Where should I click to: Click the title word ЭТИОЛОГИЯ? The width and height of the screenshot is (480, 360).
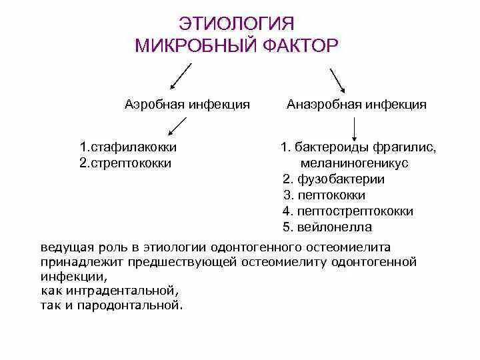pyautogui.click(x=237, y=23)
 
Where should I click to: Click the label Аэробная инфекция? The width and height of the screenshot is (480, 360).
pyautogui.click(x=187, y=105)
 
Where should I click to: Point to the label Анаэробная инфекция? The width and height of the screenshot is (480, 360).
pyautogui.click(x=357, y=105)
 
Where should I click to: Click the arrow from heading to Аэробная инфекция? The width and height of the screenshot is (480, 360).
pyautogui.click(x=180, y=76)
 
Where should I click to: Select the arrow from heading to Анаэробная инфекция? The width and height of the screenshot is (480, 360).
pyautogui.click(x=337, y=79)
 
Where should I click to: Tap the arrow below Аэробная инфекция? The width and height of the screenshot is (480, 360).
pyautogui.click(x=176, y=125)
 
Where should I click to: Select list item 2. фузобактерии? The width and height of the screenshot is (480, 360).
pyautogui.click(x=333, y=179)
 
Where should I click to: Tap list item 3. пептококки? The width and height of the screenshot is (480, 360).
pyautogui.click(x=324, y=195)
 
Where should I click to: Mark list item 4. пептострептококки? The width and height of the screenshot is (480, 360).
pyautogui.click(x=348, y=211)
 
